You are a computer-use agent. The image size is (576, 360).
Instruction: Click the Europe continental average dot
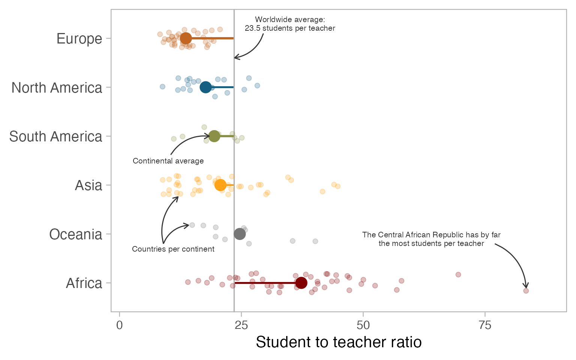point(185,38)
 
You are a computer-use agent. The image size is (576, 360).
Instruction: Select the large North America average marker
point(205,87)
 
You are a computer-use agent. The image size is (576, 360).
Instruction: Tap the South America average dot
point(214,136)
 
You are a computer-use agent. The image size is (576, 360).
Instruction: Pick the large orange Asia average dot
point(220,185)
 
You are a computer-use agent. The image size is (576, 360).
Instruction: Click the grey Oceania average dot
point(240,234)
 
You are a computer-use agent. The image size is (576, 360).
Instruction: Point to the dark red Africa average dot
point(301,283)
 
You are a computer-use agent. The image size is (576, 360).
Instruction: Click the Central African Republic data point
point(526,291)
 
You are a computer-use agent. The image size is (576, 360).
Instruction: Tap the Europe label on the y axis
point(79,39)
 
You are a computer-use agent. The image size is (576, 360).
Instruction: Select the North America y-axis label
point(57,88)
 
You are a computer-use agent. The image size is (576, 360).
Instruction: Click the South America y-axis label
point(55,136)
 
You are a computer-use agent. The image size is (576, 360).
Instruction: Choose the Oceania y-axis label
point(75,234)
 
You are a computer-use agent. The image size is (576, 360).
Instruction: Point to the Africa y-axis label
point(84,283)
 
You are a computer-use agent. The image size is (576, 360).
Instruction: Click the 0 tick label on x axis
point(119,325)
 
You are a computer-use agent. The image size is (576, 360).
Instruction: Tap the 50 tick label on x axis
point(363,325)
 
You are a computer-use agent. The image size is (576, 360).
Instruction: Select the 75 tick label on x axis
point(485,325)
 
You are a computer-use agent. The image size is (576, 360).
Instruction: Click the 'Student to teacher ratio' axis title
point(339,342)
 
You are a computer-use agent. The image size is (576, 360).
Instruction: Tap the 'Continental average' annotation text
point(168,161)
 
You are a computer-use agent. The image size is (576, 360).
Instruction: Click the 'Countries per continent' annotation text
point(173,249)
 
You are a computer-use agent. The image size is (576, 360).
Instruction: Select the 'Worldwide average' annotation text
point(290,24)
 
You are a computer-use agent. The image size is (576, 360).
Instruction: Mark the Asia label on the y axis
point(88,185)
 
